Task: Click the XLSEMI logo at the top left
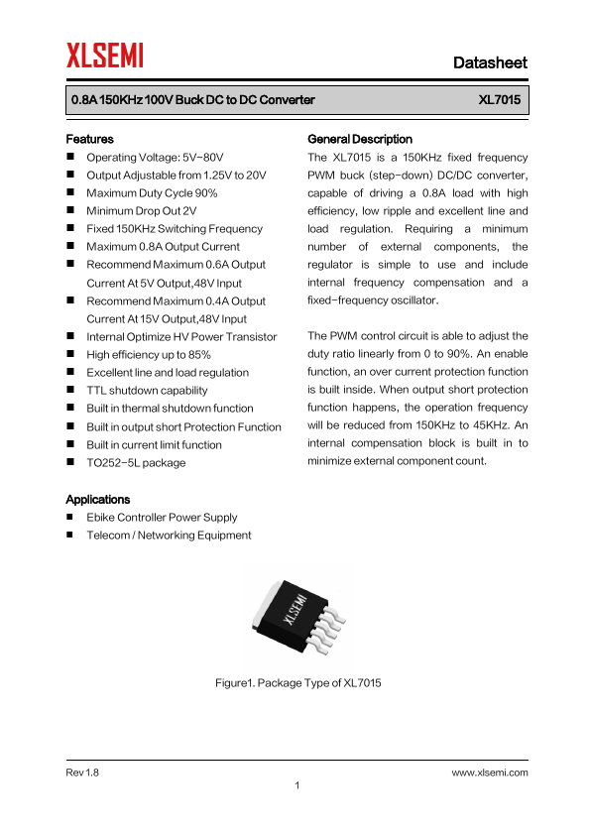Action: click(x=105, y=55)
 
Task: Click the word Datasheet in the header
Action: click(x=490, y=62)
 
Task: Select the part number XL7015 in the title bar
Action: click(x=499, y=100)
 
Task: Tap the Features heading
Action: click(x=89, y=139)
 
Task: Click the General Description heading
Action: click(x=360, y=139)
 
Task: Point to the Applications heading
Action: click(x=97, y=499)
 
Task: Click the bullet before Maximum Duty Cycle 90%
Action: click(x=71, y=193)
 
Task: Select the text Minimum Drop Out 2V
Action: click(x=142, y=211)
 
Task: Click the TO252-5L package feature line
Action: click(x=136, y=463)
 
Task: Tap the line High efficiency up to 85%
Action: click(x=149, y=355)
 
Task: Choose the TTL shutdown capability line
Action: click(x=147, y=391)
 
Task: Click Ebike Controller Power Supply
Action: click(x=162, y=518)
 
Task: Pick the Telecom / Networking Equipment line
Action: click(x=169, y=536)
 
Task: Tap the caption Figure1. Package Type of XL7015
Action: click(x=298, y=683)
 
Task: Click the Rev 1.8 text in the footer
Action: click(x=82, y=772)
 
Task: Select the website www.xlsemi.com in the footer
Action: click(x=490, y=772)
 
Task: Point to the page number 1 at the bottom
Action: click(x=297, y=786)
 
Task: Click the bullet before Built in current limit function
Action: click(x=71, y=445)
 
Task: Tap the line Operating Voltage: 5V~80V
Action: click(x=155, y=157)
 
